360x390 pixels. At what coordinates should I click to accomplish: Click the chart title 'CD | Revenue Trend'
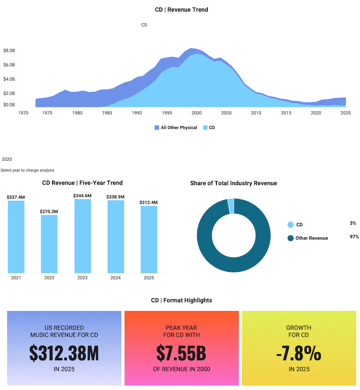point(182,10)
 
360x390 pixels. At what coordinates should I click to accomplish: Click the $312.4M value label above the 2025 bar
point(149,203)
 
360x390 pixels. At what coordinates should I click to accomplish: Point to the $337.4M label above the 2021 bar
point(16,197)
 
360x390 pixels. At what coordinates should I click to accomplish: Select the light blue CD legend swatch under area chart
point(205,128)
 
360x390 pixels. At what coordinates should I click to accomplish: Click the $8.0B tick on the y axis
point(9,51)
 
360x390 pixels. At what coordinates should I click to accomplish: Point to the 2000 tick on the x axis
point(196,113)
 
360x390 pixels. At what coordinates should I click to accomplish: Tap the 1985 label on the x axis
point(107,113)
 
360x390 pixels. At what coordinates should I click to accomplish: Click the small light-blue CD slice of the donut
point(231,206)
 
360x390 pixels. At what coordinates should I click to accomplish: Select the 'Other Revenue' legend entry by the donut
point(312,238)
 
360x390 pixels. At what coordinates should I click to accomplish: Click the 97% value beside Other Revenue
point(354,237)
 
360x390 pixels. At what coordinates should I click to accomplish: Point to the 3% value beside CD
point(352,223)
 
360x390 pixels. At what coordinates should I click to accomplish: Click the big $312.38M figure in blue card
point(64,353)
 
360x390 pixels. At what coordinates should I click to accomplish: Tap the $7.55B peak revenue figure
point(181,353)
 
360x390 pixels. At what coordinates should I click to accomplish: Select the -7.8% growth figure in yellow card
point(299,353)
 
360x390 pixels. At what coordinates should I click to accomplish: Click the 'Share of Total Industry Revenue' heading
point(234,183)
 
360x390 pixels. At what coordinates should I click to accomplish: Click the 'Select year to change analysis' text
point(28,170)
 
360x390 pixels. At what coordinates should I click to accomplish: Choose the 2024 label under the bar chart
point(116,278)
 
